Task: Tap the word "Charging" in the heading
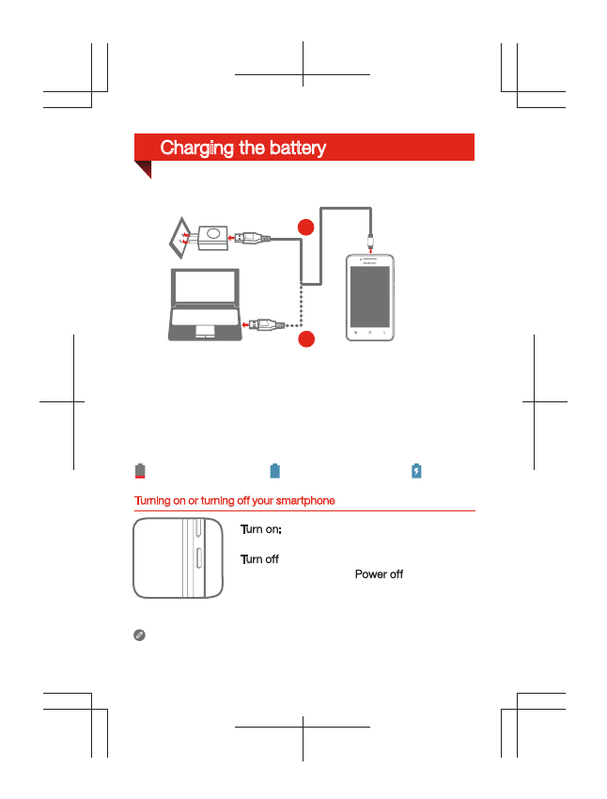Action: (195, 148)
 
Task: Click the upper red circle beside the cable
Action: (306, 227)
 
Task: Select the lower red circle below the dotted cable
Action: (306, 339)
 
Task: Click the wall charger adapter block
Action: (213, 237)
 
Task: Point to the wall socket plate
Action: (179, 238)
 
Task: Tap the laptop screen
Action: (204, 287)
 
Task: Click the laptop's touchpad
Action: (204, 331)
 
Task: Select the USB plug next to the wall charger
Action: (252, 238)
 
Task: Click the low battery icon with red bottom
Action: (140, 471)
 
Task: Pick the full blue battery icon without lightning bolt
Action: (275, 471)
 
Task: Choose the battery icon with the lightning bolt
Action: (416, 471)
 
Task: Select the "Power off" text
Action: (379, 574)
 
